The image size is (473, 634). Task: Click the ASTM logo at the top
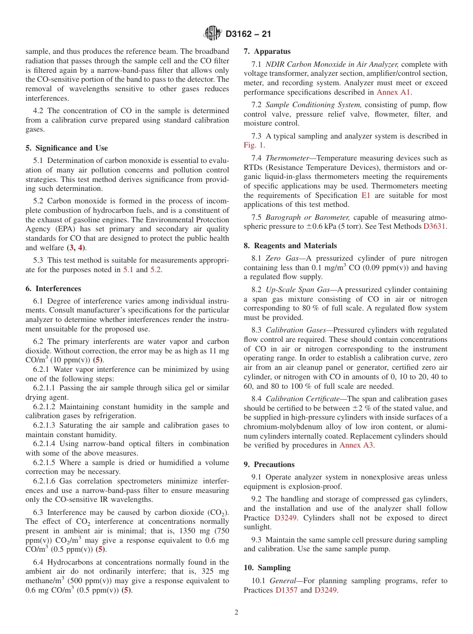point(213,34)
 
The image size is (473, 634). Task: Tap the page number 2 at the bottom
point(236,613)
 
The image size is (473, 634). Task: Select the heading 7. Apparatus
point(267,51)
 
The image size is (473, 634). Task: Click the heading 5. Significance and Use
point(66,148)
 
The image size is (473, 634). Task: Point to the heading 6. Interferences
point(53,289)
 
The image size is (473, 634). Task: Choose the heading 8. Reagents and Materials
point(290,246)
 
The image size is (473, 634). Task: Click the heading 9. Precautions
point(269,465)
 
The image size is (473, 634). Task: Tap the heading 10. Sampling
point(267,568)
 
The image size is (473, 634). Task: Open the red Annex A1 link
point(394,92)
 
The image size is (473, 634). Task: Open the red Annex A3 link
point(356,445)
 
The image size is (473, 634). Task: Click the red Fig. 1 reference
point(253,146)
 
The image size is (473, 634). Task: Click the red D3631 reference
point(435,227)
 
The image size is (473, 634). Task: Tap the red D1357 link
point(286,590)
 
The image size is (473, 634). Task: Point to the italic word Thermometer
point(287,158)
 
